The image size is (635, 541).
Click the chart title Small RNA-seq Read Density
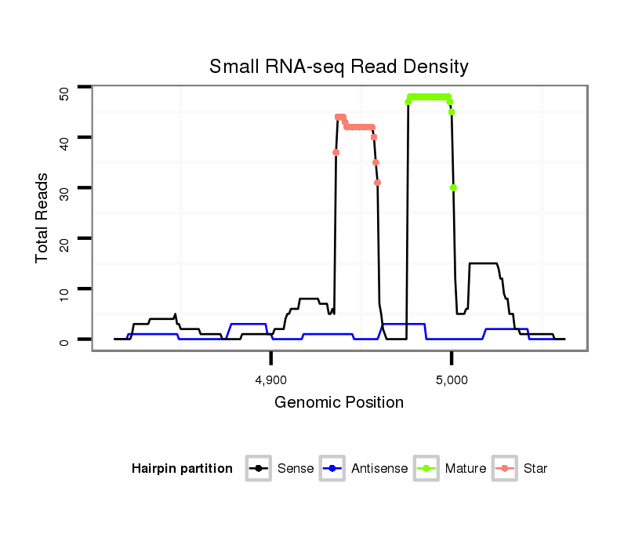pos(339,67)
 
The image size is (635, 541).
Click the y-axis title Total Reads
pos(42,218)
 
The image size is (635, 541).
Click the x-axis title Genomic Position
pos(339,403)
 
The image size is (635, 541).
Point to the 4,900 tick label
pos(271,380)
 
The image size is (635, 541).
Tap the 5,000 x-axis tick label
pos(452,380)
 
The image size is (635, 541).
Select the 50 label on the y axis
pos(65,93)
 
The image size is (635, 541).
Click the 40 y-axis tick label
pos(65,139)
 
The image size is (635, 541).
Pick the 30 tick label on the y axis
pos(65,189)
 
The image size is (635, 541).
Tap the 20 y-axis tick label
pos(65,239)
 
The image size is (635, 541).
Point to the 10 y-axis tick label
pos(65,289)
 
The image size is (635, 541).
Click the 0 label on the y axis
pos(65,340)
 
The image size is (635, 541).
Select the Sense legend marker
pos(258,469)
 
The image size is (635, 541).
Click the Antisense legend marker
pos(332,469)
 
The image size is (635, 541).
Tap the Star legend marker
pos(505,469)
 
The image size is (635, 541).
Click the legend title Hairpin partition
pos(182,469)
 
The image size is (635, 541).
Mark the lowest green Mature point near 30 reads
pos(453,187)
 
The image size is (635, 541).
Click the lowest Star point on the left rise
pos(336,152)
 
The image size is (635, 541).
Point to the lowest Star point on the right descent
pos(378,183)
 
